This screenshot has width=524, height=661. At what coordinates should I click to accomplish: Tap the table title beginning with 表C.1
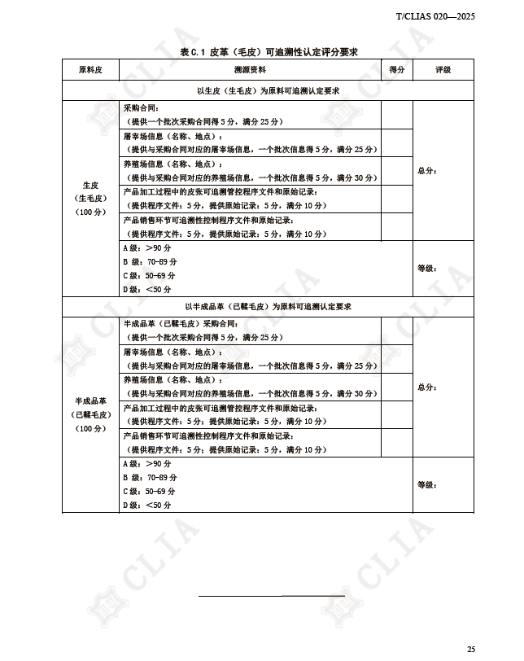pos(269,52)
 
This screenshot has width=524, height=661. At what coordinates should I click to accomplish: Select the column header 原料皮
pos(90,71)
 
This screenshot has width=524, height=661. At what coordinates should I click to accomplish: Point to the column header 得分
pos(397,71)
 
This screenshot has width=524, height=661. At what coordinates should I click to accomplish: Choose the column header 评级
pos(443,71)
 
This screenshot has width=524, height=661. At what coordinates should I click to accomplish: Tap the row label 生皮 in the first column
pos(90,186)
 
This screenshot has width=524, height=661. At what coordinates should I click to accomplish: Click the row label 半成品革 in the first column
pos(90,401)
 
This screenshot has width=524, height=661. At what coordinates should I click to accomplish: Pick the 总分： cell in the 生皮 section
pos(427,171)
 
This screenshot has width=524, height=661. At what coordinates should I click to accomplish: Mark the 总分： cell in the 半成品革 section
pos(427,387)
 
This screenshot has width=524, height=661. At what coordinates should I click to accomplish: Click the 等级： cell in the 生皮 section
pos(427,268)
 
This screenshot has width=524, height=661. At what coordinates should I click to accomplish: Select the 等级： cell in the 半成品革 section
pos(427,484)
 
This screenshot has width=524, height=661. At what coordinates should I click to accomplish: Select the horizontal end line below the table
pos(272,597)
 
